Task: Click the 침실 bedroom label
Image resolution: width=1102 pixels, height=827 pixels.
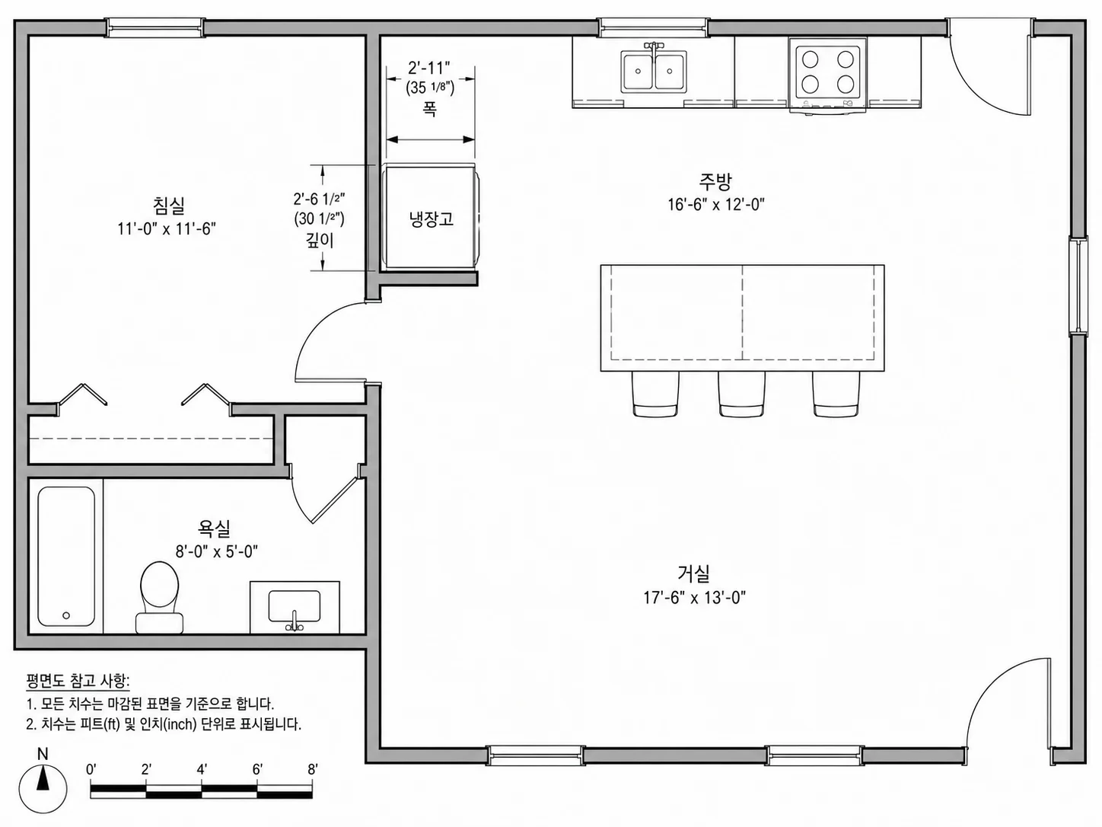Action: [169, 205]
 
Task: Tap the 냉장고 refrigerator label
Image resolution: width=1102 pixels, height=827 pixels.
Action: [432, 219]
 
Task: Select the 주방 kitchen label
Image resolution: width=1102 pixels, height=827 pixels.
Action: [715, 181]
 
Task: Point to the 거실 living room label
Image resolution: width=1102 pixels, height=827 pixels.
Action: [694, 573]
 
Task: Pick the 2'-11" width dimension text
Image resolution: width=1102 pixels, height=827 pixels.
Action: [428, 67]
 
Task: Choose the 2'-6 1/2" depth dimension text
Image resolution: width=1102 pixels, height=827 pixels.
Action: [320, 199]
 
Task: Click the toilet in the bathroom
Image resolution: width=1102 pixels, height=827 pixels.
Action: [159, 597]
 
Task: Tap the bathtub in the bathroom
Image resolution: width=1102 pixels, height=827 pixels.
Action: [66, 556]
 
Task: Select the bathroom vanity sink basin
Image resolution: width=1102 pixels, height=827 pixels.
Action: [295, 607]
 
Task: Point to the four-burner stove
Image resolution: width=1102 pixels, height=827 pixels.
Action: [827, 74]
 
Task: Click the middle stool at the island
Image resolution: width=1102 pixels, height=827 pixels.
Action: [741, 394]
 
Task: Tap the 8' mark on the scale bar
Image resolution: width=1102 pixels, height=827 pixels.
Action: [312, 769]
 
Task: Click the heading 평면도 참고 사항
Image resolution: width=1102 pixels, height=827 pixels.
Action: [78, 682]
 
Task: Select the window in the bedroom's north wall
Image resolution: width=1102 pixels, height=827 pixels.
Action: [154, 27]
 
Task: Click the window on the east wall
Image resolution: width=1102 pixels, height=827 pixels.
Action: [1078, 286]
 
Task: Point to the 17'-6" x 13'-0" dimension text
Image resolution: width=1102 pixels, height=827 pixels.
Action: [694, 598]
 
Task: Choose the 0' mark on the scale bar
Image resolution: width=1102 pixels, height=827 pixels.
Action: [91, 769]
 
